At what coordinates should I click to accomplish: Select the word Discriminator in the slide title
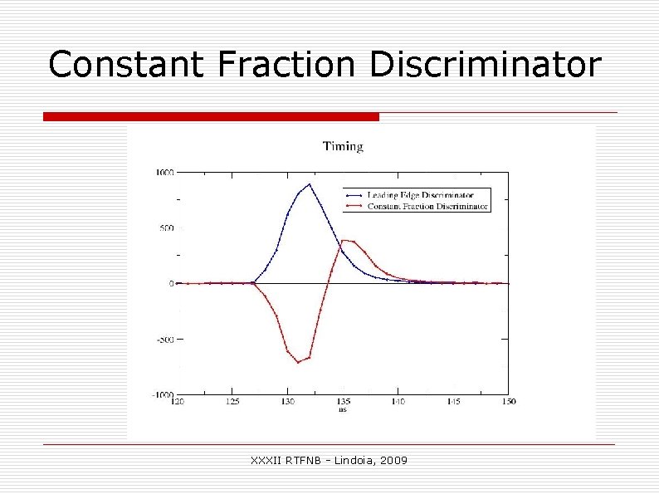(484, 65)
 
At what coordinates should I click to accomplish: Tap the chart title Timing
(343, 147)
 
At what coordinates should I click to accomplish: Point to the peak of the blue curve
(310, 184)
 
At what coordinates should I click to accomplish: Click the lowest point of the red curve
(299, 362)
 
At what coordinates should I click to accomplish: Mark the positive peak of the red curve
(344, 241)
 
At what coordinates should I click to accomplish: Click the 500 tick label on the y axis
(166, 228)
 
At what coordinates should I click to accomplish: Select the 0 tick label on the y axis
(171, 284)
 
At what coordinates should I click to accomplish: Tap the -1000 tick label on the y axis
(163, 395)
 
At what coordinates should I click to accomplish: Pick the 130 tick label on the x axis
(287, 402)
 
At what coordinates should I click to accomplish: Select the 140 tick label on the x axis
(398, 402)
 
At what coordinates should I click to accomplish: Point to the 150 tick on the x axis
(508, 402)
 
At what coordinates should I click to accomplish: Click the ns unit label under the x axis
(342, 409)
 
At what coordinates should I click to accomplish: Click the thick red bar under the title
(211, 117)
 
